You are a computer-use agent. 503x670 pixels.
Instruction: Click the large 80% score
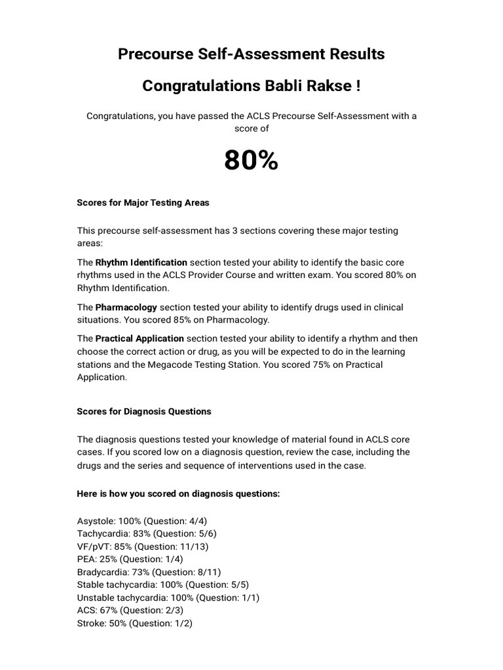pos(251,160)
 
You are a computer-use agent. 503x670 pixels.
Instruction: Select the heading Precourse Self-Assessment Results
pos(251,54)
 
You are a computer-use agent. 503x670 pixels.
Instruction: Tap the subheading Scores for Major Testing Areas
pos(143,203)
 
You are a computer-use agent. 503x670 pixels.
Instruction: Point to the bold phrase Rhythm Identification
pos(141,262)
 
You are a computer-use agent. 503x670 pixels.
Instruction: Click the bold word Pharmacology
pos(126,307)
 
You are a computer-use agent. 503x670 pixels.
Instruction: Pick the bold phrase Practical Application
pos(140,338)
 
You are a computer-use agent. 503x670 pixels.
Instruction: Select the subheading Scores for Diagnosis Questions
pos(144,412)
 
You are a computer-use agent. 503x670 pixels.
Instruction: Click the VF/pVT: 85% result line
pos(143,546)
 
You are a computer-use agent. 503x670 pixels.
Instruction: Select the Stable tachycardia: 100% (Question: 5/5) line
pos(163,585)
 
